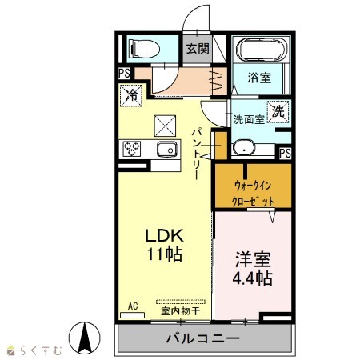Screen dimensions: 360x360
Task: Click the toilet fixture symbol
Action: (144, 49)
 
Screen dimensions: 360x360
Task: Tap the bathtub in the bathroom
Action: (262, 50)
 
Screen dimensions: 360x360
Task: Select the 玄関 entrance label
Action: (198, 49)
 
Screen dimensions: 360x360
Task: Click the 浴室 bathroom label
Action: (259, 78)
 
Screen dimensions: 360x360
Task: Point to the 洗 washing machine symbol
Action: (278, 111)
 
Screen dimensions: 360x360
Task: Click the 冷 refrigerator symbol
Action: (131, 95)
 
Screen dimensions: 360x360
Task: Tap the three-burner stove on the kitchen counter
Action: (131, 149)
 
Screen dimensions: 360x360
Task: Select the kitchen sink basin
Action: (167, 149)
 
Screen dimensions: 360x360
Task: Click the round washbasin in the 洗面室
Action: (244, 148)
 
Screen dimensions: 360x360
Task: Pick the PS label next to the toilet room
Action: (124, 74)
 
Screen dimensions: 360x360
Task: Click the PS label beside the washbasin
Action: (285, 153)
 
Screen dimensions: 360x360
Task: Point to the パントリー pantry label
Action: (197, 154)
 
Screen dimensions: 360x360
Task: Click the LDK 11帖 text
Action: (165, 245)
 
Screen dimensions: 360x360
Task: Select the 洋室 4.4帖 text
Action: (252, 268)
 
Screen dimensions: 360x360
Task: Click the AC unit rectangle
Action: (132, 315)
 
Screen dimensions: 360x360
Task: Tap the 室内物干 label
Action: (180, 311)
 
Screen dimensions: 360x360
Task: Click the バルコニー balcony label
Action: (203, 338)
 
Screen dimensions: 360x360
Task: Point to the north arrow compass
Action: (85, 338)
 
